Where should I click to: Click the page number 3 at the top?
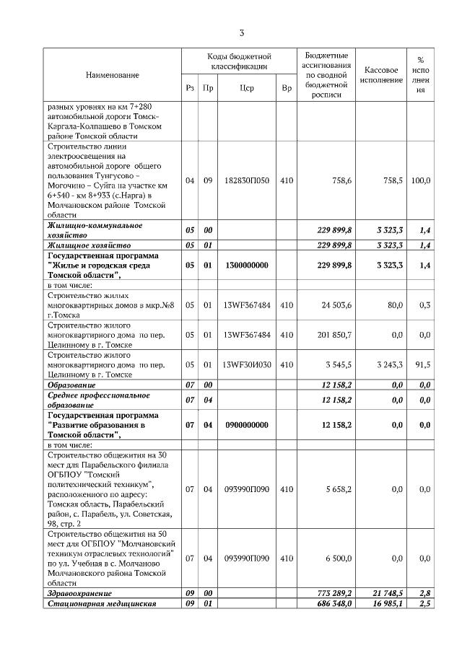pyautogui.click(x=242, y=32)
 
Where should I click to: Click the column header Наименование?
pyautogui.click(x=112, y=75)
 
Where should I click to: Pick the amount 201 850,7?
pyautogui.click(x=334, y=335)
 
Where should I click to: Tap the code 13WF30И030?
pyautogui.click(x=247, y=364)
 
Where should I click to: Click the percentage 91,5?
pyautogui.click(x=422, y=364)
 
